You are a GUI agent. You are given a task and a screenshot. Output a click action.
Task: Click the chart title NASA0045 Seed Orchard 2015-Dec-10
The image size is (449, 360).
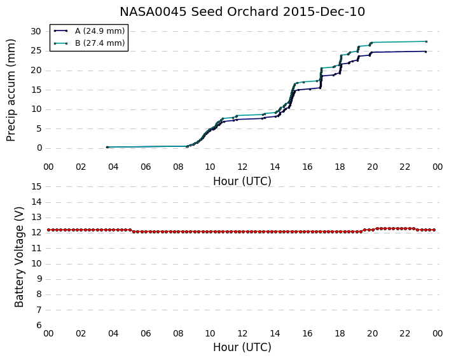[242, 11]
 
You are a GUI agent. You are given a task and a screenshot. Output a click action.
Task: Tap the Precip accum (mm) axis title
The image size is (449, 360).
[11, 90]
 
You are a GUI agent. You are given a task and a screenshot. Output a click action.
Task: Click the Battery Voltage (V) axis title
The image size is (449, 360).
[19, 257]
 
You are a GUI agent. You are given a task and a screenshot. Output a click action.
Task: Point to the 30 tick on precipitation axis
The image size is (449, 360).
[36, 31]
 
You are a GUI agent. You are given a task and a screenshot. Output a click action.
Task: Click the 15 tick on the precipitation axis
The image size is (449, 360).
[36, 90]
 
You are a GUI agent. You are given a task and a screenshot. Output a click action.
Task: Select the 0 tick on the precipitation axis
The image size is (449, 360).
[39, 148]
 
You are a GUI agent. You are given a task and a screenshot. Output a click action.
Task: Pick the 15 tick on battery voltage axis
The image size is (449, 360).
[36, 186]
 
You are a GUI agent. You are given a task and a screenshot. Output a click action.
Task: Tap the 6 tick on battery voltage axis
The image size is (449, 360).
[39, 326]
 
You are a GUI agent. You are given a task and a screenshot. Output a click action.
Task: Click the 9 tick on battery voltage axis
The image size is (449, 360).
[39, 279]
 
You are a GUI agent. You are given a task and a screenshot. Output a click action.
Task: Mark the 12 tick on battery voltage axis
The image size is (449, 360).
[36, 233]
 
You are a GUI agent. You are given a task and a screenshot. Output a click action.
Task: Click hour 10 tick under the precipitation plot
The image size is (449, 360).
[210, 167]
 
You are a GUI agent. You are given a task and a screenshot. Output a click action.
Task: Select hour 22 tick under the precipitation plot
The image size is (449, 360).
[405, 167]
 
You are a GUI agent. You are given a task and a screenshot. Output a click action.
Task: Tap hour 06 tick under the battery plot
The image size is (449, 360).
[146, 333]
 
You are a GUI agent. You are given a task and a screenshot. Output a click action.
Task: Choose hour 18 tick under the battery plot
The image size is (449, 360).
[340, 333]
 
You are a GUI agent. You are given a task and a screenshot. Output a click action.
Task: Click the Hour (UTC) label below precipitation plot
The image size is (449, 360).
[242, 181]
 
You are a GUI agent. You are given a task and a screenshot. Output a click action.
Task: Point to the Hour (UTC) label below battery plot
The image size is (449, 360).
[242, 347]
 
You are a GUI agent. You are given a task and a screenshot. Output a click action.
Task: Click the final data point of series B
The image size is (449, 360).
[426, 41]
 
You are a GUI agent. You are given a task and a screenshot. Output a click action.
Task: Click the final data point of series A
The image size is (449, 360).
[426, 52]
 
